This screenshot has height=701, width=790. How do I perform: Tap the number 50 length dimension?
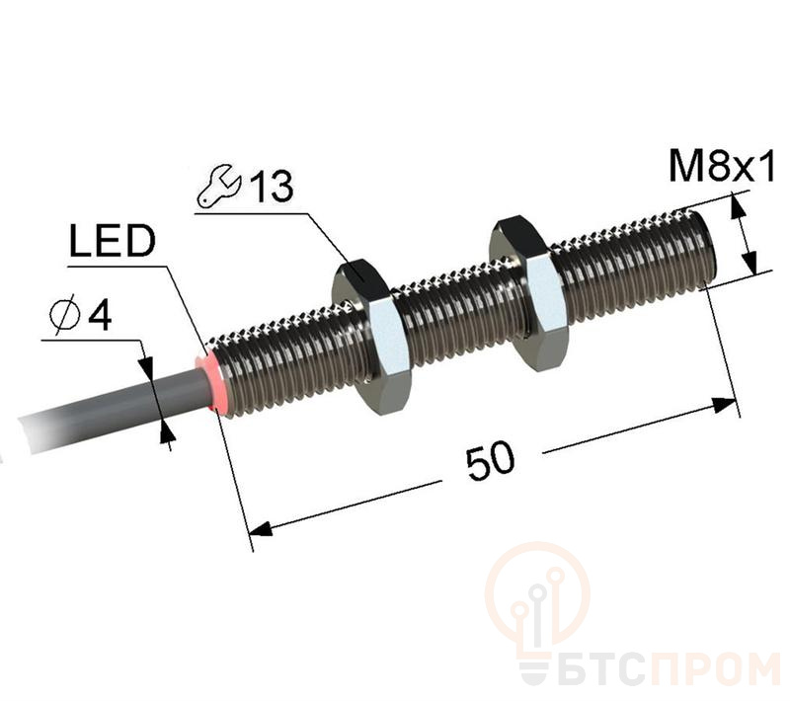tap(490, 460)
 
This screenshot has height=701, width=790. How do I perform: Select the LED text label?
tap(112, 241)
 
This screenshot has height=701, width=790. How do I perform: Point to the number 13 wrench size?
tap(272, 187)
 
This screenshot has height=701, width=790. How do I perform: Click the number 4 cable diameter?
tap(100, 316)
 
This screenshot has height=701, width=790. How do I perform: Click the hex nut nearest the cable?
tap(371, 335)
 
